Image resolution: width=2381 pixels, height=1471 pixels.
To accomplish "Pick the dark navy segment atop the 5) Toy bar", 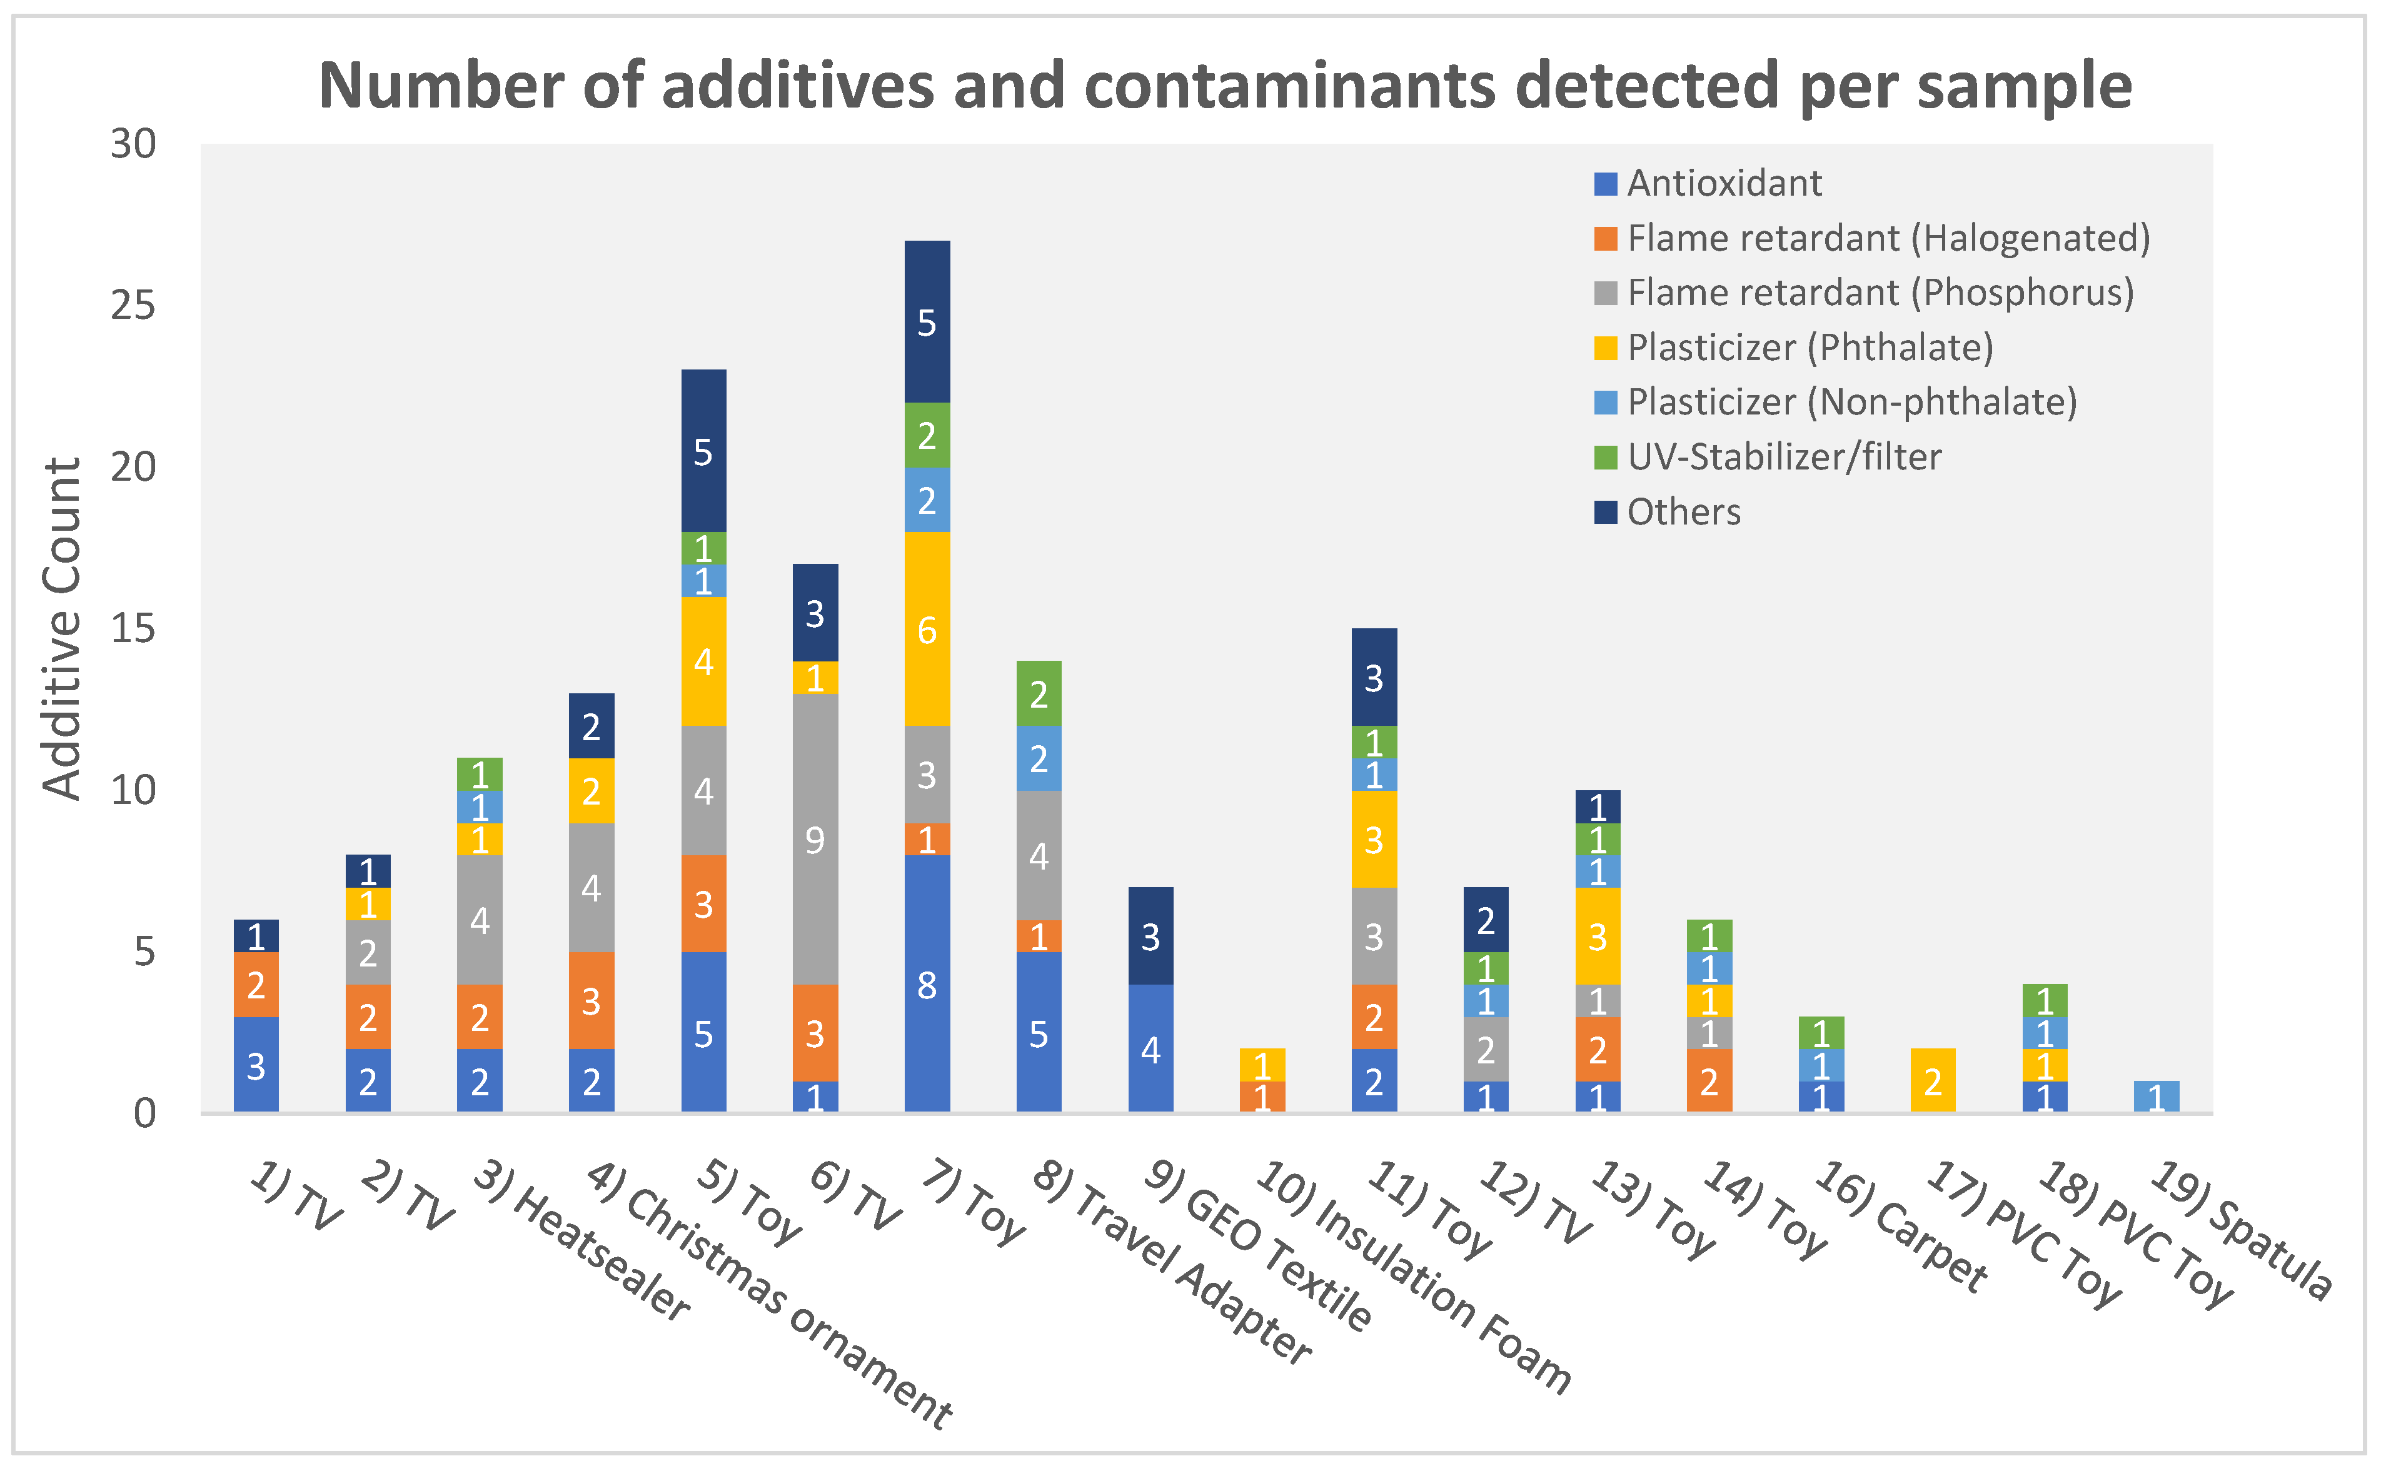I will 703,451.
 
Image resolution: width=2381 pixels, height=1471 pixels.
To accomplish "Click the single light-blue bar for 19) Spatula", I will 2157,1097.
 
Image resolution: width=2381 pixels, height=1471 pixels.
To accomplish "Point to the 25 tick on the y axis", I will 133,306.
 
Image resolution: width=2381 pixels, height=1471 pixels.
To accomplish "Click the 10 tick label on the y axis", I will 133,790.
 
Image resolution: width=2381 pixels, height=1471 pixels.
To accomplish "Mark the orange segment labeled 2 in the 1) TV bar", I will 256,985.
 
